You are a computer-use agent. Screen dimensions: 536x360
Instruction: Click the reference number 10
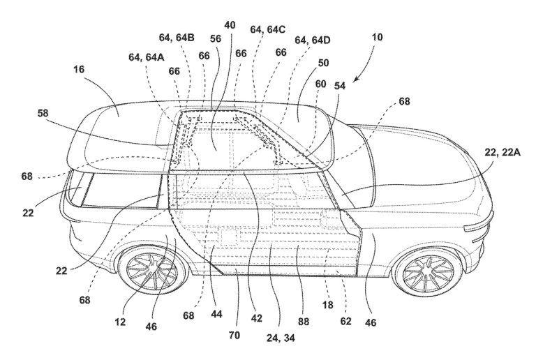377,37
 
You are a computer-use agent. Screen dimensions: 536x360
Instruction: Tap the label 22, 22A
502,152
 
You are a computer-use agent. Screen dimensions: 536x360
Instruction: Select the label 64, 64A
147,57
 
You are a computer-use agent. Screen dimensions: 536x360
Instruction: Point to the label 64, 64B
177,37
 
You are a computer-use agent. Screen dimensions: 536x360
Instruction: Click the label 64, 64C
268,29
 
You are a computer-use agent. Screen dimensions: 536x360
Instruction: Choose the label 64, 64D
313,40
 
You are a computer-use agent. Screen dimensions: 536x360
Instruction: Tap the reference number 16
78,69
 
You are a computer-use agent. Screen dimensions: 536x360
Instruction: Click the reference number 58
43,112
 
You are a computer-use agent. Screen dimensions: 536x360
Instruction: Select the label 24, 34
281,338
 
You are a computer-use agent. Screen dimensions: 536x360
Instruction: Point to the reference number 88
303,321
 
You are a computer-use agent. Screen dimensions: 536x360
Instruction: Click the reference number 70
234,335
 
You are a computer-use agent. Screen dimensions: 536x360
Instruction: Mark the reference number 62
345,321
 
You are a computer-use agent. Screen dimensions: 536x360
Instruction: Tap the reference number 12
120,322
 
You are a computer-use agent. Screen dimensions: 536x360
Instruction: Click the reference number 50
323,63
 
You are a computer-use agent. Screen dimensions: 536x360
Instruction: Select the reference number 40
230,25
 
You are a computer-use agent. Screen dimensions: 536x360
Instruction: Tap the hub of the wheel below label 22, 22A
429,273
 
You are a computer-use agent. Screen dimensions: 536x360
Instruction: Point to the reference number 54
340,85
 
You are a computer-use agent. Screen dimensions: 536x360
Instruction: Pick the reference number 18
327,304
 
